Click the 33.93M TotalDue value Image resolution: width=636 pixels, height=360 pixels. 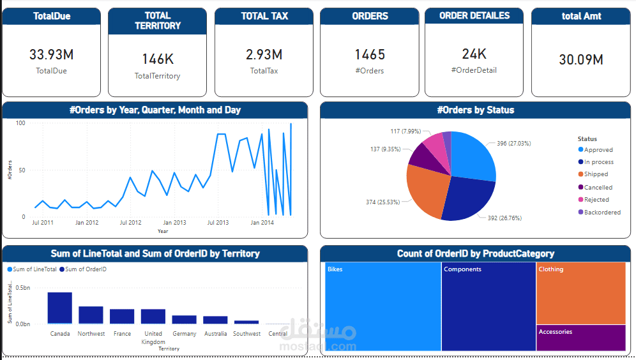pyautogui.click(x=51, y=55)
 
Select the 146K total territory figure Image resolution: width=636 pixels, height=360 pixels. pyautogui.click(x=158, y=59)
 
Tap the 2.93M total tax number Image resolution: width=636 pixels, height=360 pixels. pyautogui.click(x=264, y=55)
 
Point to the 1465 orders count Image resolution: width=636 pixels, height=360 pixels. pyautogui.click(x=370, y=55)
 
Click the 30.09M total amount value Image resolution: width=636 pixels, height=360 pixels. pyautogui.click(x=581, y=60)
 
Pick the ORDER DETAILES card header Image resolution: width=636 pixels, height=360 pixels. pyautogui.click(x=474, y=16)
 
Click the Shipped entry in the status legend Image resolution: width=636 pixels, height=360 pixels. pyautogui.click(x=596, y=174)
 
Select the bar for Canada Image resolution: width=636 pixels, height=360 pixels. pyautogui.click(x=59, y=308)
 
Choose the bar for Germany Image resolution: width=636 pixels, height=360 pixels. pyautogui.click(x=184, y=319)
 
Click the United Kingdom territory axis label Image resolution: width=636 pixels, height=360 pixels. pyautogui.click(x=153, y=338)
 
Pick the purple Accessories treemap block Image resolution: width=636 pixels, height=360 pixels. pyautogui.click(x=580, y=338)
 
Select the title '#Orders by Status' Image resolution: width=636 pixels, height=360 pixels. pyautogui.click(x=475, y=110)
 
